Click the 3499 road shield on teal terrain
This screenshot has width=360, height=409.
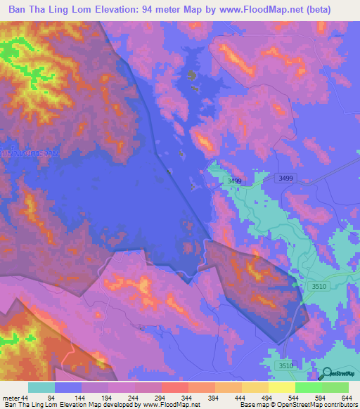[234, 181]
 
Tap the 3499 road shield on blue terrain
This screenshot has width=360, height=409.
[285, 178]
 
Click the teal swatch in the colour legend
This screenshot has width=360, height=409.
[41, 387]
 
